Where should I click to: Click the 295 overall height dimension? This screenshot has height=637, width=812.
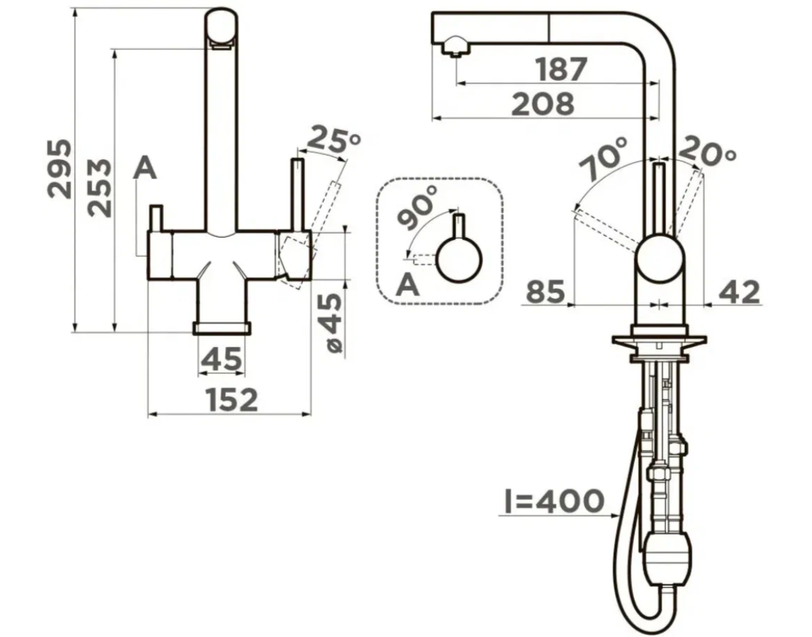(59, 168)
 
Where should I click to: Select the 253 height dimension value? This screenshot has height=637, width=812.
(99, 187)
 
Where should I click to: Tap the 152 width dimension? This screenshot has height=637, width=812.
(232, 399)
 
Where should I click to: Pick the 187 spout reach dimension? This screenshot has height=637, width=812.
(561, 70)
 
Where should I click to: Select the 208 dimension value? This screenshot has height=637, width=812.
(543, 104)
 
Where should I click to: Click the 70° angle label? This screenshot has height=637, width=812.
(604, 159)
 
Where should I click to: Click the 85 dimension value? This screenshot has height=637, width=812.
(545, 292)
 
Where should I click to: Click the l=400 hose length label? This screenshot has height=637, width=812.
(554, 501)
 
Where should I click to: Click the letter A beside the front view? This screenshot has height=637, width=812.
(144, 168)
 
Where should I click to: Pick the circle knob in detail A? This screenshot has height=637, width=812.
(459, 260)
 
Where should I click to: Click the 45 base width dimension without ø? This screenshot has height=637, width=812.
(221, 359)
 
